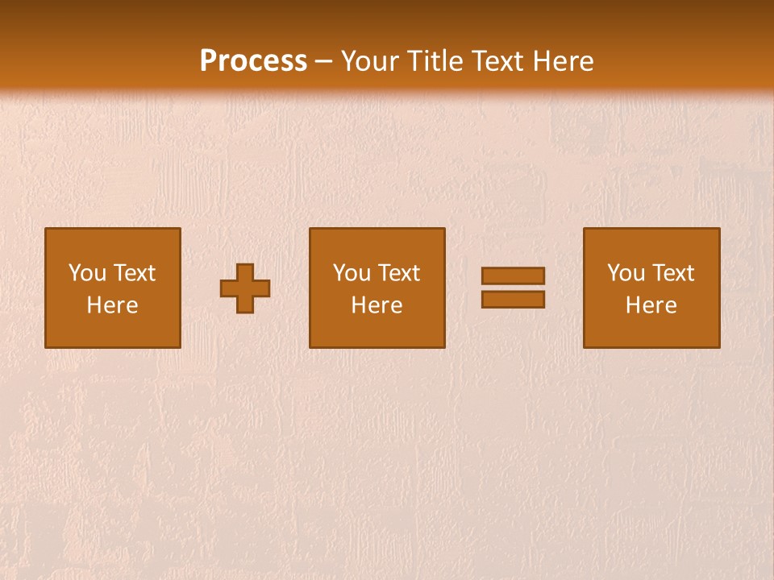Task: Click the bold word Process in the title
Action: point(253,61)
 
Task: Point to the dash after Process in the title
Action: point(324,62)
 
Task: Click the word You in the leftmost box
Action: point(87,273)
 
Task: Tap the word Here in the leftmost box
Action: point(112,305)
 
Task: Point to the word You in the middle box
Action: point(352,273)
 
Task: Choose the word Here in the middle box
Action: point(377,305)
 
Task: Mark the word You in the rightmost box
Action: point(626,273)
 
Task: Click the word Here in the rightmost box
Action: point(651,305)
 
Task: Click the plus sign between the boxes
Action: point(245,288)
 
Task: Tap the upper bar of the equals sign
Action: point(513,275)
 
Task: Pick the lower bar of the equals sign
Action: point(513,300)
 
